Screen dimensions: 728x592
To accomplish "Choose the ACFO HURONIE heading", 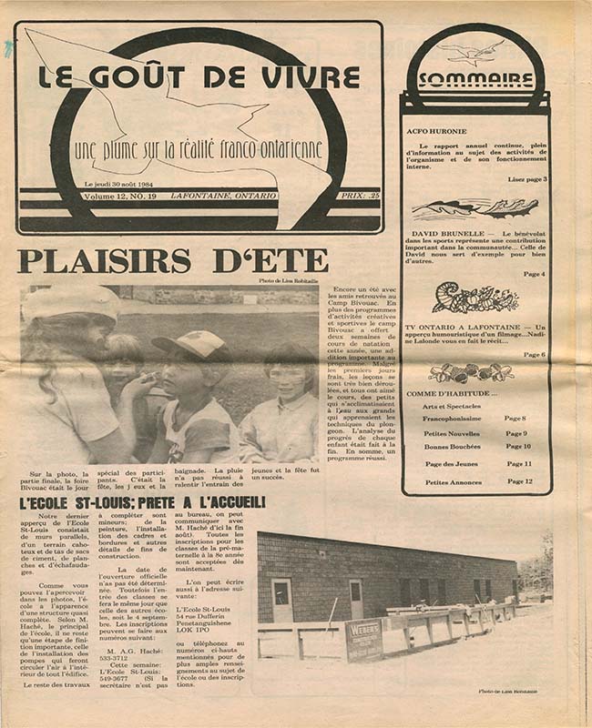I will [x=437, y=131].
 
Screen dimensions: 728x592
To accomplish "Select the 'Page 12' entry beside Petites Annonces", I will [x=520, y=481].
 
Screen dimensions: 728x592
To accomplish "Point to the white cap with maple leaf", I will [x=190, y=344].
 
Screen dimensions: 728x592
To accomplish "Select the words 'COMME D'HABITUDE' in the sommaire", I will [x=444, y=393].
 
